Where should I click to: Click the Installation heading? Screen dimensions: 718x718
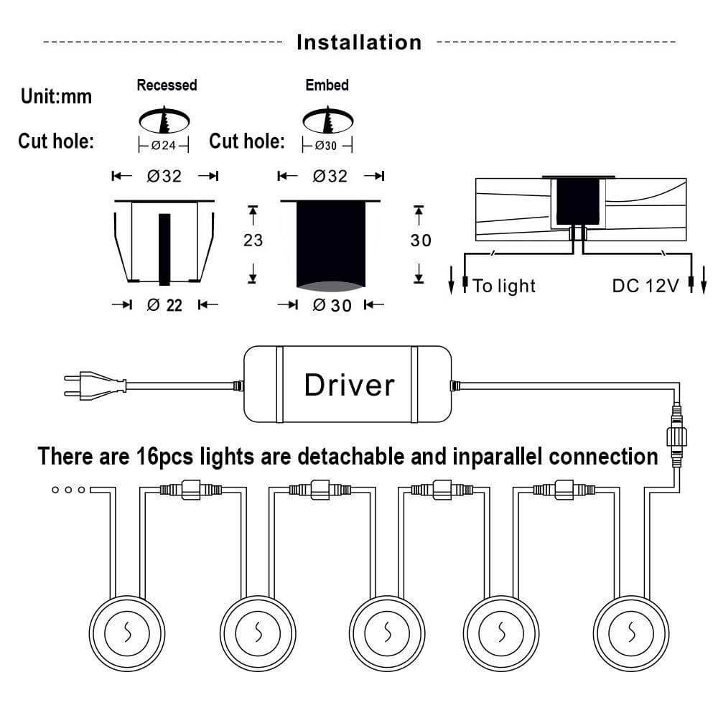click(359, 42)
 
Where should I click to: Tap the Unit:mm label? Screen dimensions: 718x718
click(56, 95)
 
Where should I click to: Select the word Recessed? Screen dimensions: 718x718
click(167, 85)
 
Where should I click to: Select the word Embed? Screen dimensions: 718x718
click(327, 85)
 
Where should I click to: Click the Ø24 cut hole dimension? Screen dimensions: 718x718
click(164, 146)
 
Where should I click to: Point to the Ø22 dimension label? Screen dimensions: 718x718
click(164, 305)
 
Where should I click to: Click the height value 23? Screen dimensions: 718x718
click(253, 240)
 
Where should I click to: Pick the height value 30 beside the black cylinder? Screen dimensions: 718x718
click(421, 240)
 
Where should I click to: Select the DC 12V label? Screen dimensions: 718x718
click(645, 286)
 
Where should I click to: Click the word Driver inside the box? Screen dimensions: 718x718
click(349, 385)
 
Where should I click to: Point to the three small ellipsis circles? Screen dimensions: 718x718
click(70, 490)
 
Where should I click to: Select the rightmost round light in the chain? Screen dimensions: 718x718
click(632, 632)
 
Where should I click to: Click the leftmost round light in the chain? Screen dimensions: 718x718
click(126, 632)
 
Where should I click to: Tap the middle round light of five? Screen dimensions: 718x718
click(387, 632)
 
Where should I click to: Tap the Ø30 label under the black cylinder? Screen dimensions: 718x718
click(331, 305)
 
